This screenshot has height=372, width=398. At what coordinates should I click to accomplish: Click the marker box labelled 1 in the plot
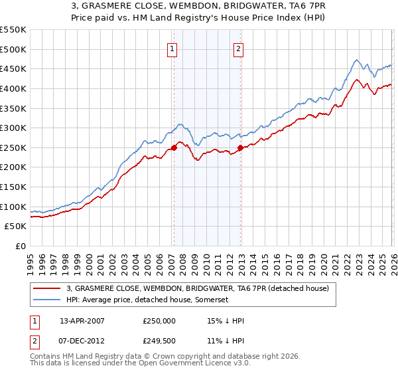172,48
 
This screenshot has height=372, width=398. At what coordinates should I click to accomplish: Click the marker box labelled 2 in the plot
238,48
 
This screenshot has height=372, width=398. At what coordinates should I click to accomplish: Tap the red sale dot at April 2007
174,147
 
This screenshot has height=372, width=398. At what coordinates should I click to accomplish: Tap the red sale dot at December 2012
240,147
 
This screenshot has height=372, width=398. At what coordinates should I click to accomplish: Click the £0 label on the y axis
20,246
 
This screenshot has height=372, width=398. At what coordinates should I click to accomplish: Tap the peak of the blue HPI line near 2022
356,60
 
